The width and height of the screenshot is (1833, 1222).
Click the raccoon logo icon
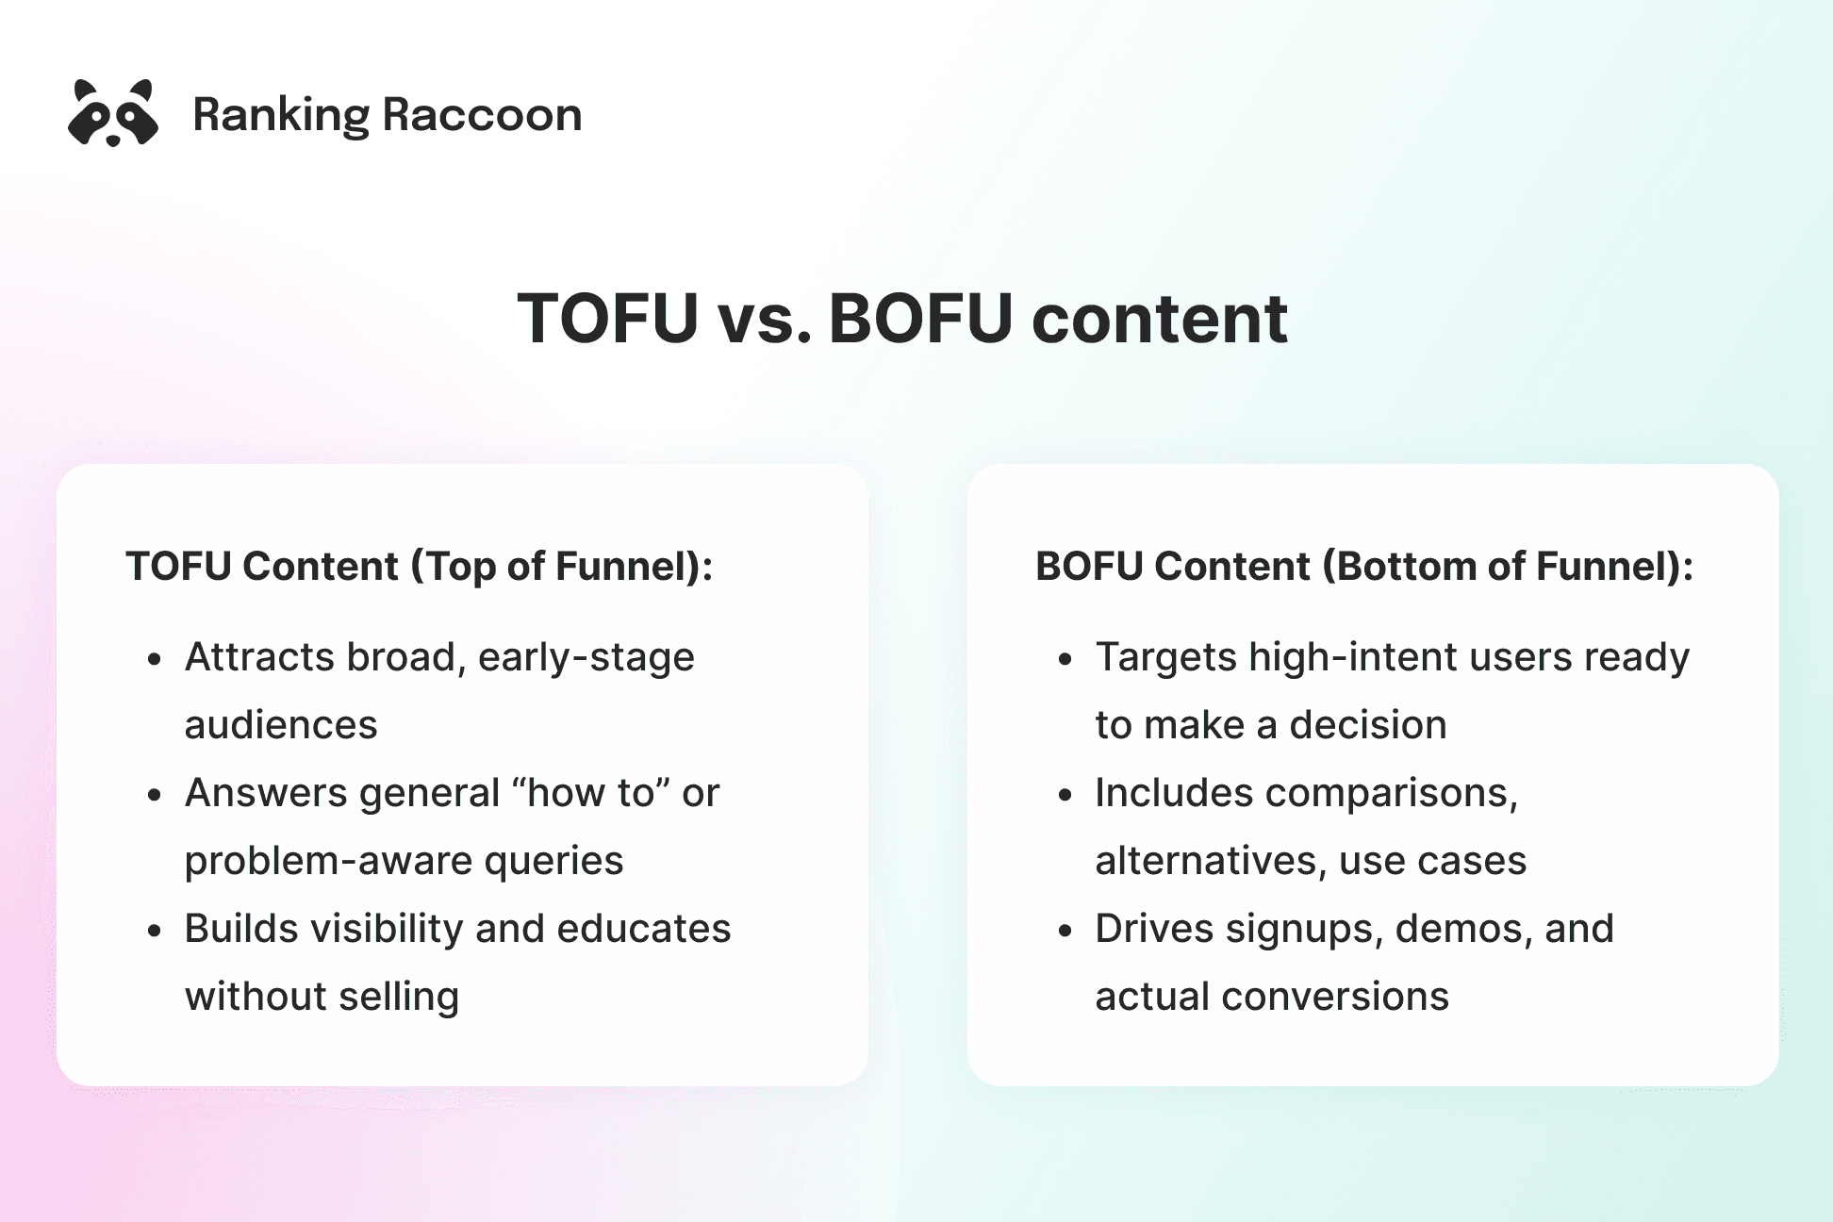[x=113, y=113]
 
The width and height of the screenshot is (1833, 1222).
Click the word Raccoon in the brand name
[x=482, y=115]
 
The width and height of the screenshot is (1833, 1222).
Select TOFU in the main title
[x=607, y=319]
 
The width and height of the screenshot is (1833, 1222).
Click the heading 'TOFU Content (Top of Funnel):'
[x=419, y=567]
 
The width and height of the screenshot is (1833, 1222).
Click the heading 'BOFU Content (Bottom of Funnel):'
[x=1363, y=567]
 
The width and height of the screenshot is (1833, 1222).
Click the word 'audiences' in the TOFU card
[x=281, y=725]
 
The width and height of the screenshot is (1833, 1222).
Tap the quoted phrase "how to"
[x=589, y=793]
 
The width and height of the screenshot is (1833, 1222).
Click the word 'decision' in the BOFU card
[x=1367, y=725]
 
